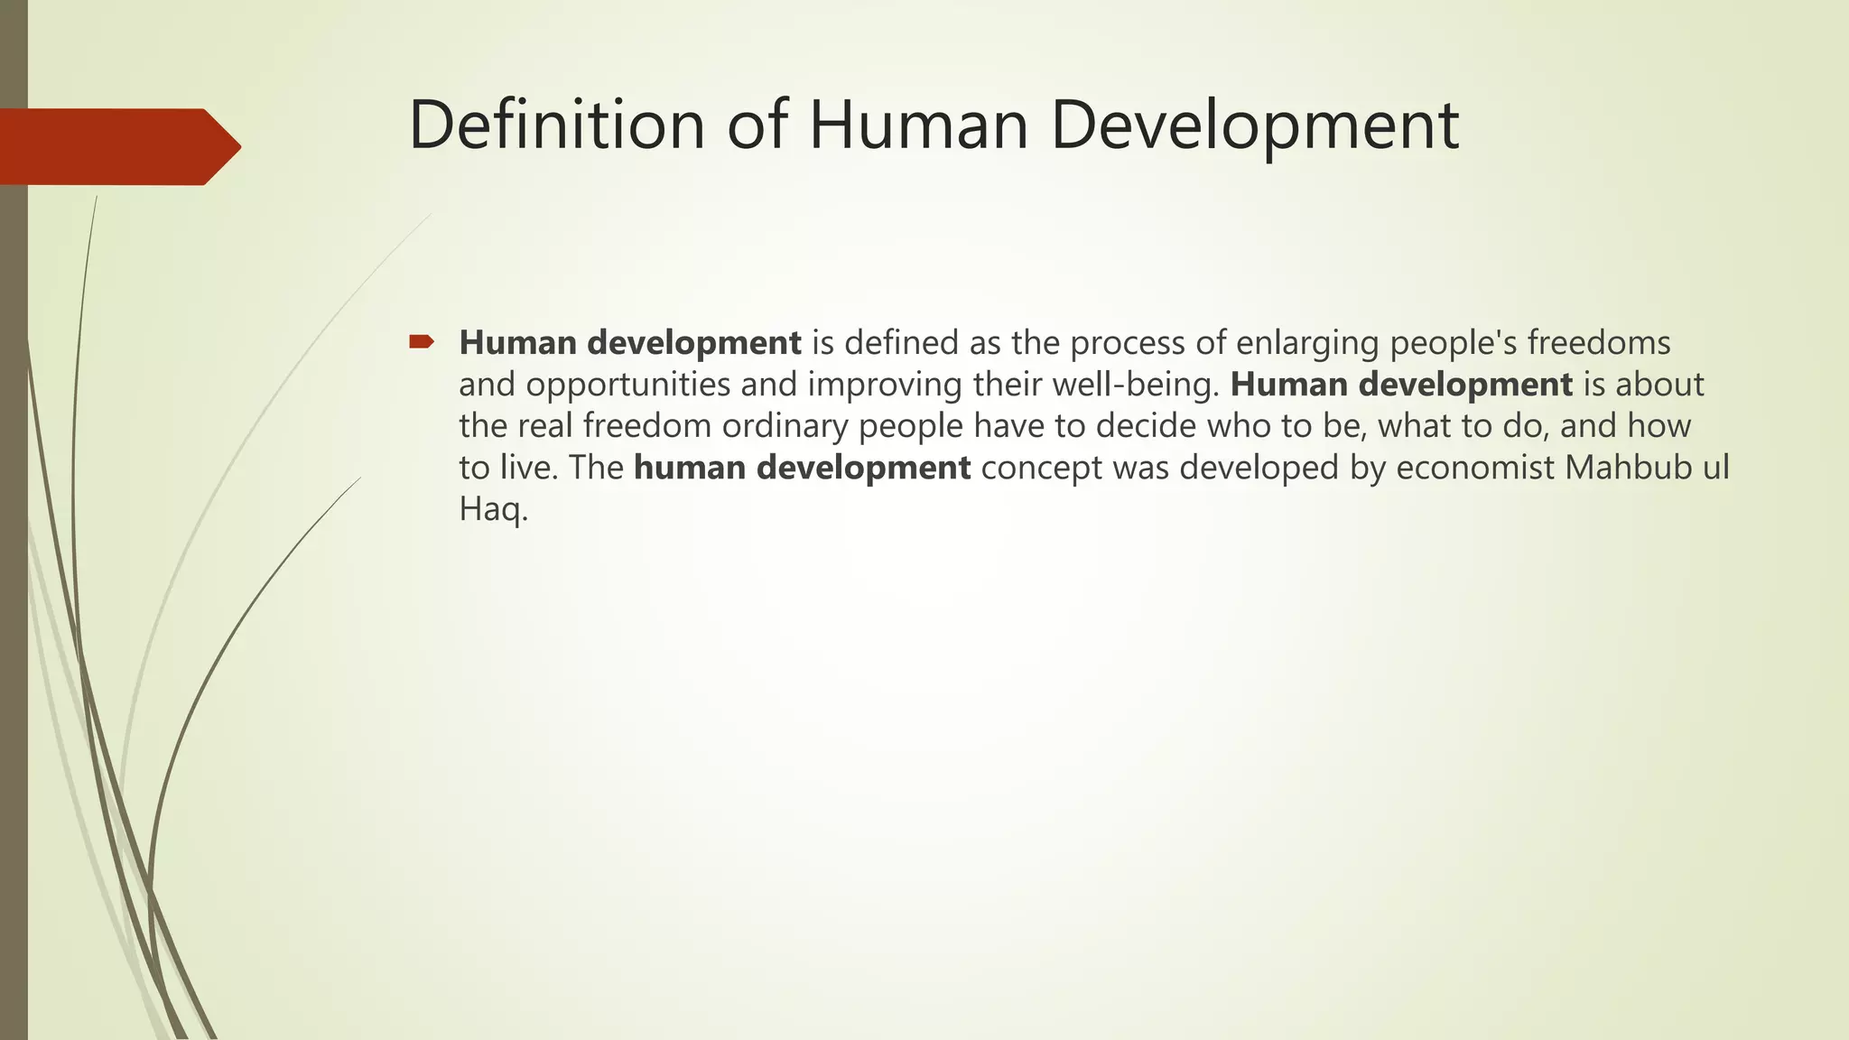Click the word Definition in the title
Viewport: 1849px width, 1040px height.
click(555, 125)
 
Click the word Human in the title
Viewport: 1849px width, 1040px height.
click(917, 125)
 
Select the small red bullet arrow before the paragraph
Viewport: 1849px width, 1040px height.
click(422, 341)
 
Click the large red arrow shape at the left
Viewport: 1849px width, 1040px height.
click(117, 146)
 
